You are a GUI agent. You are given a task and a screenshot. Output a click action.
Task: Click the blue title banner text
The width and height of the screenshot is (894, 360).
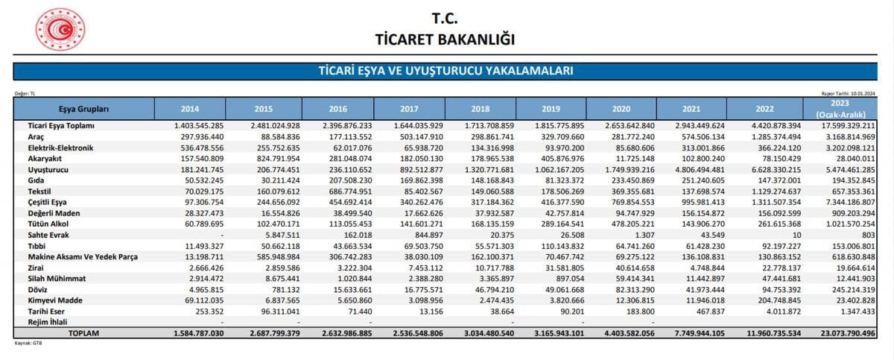[x=446, y=71]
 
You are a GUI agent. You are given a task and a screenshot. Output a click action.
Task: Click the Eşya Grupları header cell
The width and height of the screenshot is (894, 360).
[x=84, y=109]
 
